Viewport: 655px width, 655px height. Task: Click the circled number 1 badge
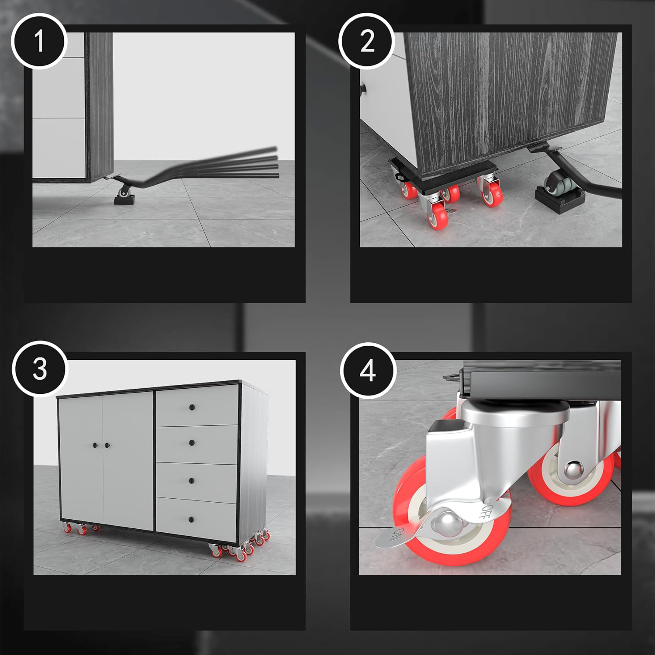point(39,42)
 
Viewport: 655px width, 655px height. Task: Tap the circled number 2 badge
point(367,42)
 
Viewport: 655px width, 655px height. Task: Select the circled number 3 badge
point(39,369)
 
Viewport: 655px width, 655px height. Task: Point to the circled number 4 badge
point(368,370)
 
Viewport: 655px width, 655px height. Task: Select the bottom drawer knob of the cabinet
point(191,519)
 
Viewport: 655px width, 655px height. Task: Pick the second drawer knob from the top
point(191,443)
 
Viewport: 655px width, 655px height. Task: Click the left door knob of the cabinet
point(95,445)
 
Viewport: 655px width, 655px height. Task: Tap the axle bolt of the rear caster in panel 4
point(573,471)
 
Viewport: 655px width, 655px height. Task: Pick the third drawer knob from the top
point(191,480)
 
